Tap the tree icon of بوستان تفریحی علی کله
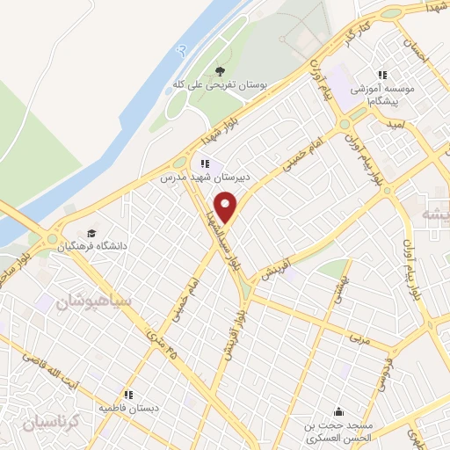(220, 72)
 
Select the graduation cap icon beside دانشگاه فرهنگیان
(92, 233)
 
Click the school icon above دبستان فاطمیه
(128, 395)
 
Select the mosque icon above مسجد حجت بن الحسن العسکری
(339, 411)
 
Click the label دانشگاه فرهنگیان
(92, 247)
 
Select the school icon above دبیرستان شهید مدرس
(205, 162)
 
